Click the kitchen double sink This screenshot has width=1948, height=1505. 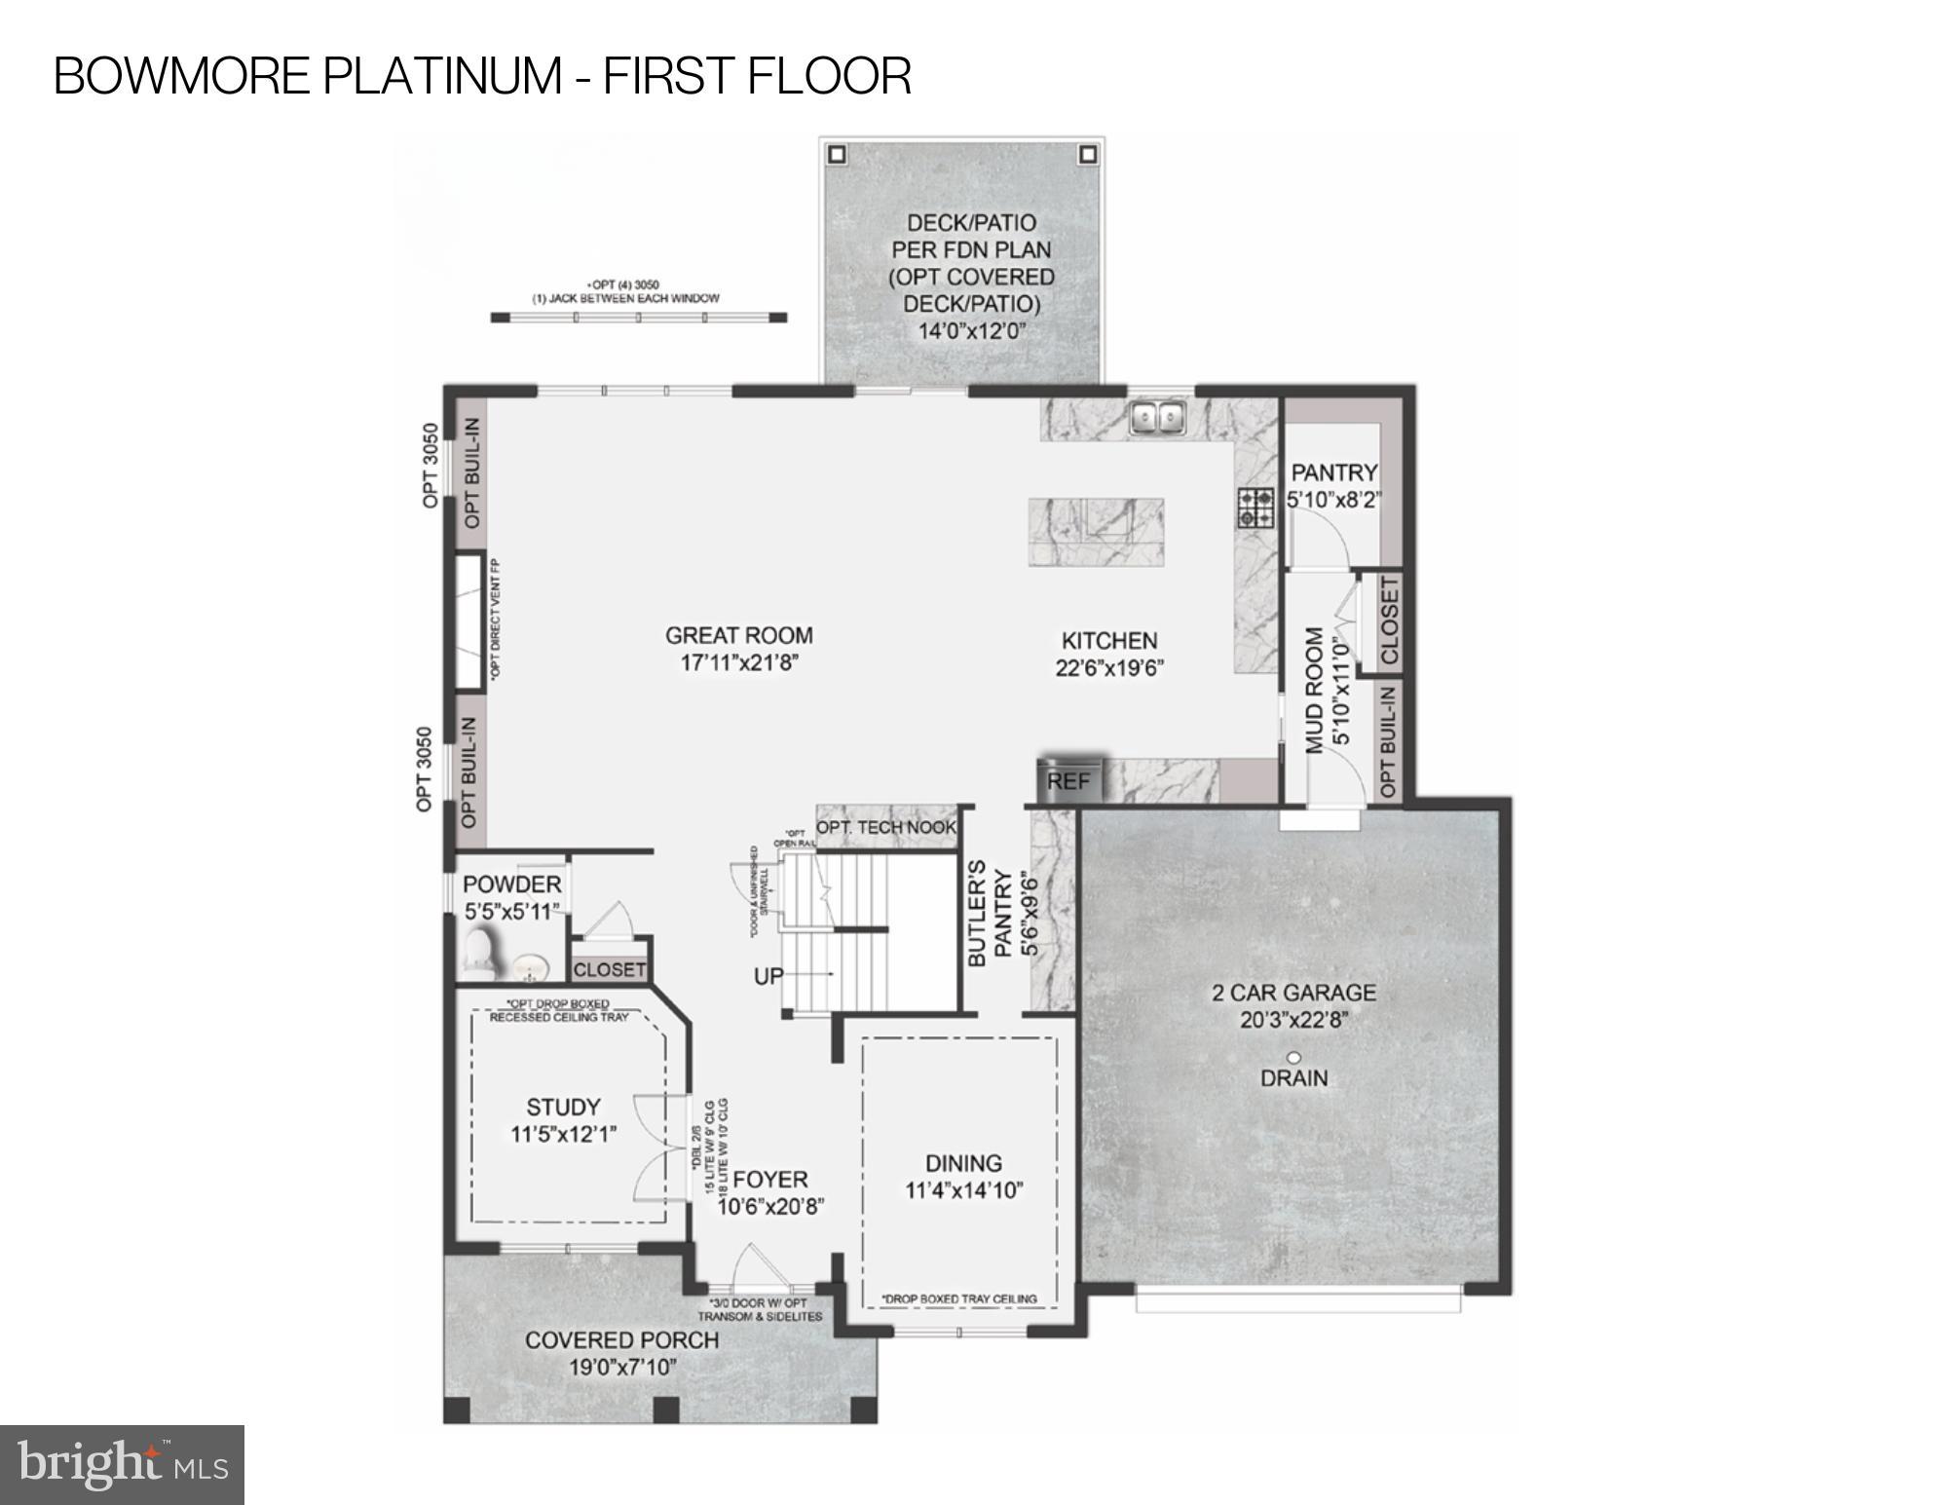1156,418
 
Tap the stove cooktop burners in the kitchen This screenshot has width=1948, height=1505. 1255,507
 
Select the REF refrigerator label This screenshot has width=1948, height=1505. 1068,781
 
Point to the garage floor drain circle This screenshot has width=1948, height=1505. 1294,1057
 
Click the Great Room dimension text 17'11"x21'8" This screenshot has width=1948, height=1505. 739,663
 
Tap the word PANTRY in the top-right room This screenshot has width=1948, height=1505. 1333,472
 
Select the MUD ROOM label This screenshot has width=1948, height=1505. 1315,690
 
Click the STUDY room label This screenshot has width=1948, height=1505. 563,1107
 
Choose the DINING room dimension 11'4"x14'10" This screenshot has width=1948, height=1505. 963,1190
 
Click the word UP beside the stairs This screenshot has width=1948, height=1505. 768,975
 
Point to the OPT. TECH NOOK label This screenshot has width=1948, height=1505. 885,828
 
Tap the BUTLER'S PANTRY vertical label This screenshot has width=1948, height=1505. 990,913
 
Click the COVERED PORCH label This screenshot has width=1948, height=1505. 622,1340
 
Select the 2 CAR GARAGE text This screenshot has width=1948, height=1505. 1293,993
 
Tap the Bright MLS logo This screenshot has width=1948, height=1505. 122,1464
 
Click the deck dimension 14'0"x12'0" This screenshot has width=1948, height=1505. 972,331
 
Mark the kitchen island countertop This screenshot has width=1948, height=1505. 1096,531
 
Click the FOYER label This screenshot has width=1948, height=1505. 769,1179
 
